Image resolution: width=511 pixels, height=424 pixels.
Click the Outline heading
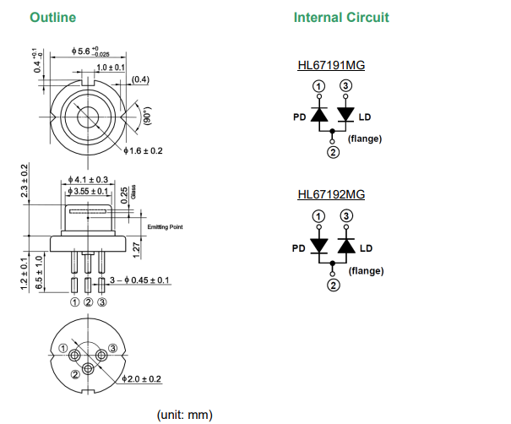pyautogui.click(x=52, y=18)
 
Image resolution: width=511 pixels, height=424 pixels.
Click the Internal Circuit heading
pyautogui.click(x=341, y=18)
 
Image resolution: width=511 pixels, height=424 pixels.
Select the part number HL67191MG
pyautogui.click(x=330, y=65)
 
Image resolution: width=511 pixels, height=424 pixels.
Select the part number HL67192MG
pyautogui.click(x=330, y=195)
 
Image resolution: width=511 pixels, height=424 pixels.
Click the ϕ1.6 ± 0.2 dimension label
pyautogui.click(x=144, y=151)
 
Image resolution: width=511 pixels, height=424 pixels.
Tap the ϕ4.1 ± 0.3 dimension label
pyautogui.click(x=88, y=180)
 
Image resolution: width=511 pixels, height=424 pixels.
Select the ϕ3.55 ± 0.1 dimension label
pyautogui.click(x=90, y=193)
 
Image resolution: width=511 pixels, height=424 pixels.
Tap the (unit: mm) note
pyautogui.click(x=185, y=415)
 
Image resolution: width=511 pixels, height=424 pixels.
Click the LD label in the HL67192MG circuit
pyautogui.click(x=366, y=248)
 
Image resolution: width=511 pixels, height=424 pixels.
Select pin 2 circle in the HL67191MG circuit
pyautogui.click(x=332, y=152)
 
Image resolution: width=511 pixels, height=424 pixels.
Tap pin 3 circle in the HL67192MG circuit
pyautogui.click(x=345, y=216)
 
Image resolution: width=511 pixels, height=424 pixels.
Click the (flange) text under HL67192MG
pyautogui.click(x=366, y=271)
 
